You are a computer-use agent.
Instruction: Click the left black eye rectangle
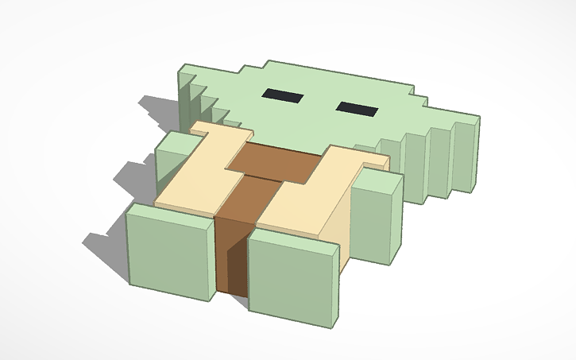pos(283,96)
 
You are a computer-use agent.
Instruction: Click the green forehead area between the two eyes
pos(318,99)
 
